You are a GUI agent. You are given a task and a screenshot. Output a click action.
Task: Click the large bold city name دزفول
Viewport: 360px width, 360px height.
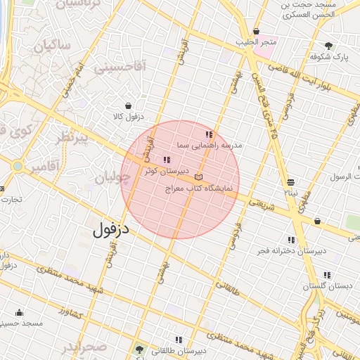112,229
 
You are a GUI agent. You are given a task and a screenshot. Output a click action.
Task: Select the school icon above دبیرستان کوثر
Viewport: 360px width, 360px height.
167,160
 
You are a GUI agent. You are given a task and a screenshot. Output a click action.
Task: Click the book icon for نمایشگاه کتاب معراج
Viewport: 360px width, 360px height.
199,177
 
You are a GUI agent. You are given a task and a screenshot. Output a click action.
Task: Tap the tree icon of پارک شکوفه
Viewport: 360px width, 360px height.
330,46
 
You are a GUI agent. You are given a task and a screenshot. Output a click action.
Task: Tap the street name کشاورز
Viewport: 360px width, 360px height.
71,312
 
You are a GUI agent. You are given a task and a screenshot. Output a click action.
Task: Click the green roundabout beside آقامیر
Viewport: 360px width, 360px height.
17,167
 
